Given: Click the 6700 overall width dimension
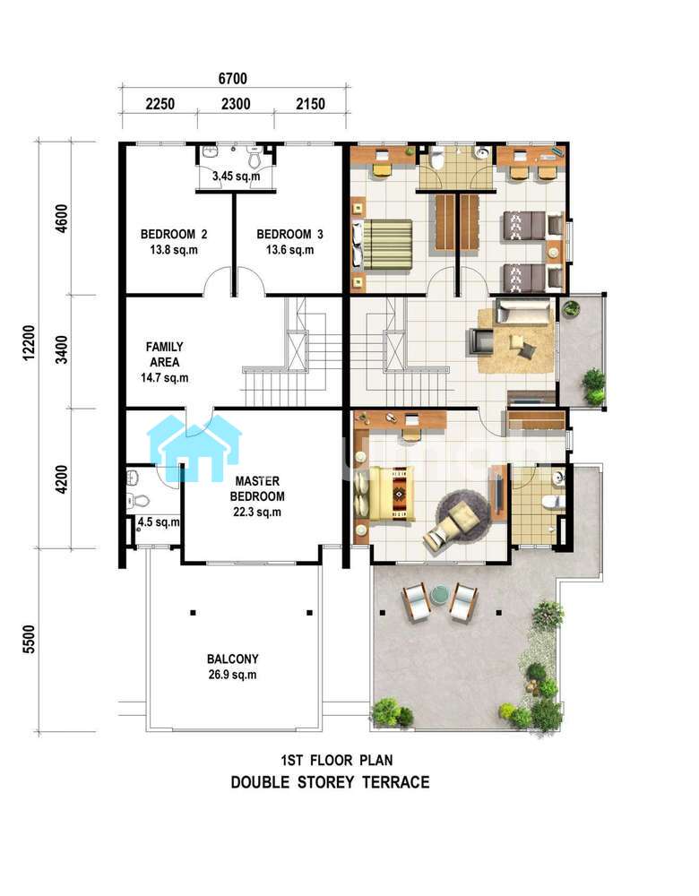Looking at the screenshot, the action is pos(233,78).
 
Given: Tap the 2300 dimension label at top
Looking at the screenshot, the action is pos(236,104).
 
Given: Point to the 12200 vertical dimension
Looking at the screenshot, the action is pos(30,343).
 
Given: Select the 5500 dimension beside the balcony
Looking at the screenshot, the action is pos(30,640).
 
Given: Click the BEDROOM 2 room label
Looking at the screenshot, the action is pos(174,234).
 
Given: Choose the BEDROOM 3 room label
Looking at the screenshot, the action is pos(289,234).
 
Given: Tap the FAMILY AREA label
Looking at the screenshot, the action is pos(165,354).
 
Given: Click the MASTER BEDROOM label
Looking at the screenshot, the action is pos(257,488).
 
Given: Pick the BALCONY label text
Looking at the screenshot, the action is pos(233,659).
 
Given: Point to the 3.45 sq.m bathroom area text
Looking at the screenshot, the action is pos(236,176).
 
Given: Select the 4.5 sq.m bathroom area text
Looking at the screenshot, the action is pos(159,522).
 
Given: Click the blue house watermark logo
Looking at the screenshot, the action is pos(194,447).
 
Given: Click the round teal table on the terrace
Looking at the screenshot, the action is pos(440,594).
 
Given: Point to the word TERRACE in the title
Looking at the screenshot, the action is pos(396,781).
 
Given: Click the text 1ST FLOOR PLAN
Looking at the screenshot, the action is pos(337,761).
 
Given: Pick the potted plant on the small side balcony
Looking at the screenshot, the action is pos(571,308).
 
